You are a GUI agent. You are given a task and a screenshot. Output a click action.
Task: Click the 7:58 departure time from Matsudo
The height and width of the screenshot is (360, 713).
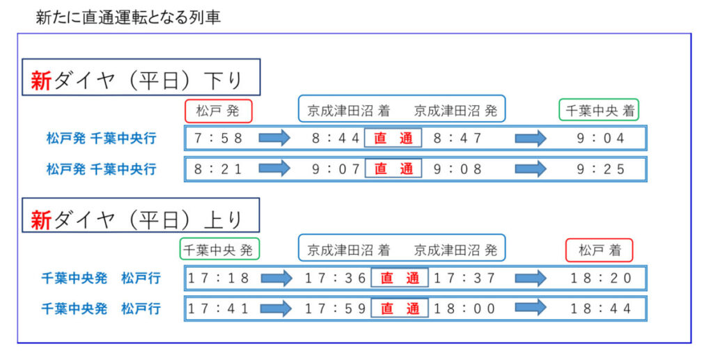click(x=219, y=138)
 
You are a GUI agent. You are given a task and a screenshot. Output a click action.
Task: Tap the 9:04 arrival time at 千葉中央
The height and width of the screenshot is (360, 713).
click(x=601, y=138)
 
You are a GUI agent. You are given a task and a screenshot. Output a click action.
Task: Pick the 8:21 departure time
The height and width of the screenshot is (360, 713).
click(x=219, y=169)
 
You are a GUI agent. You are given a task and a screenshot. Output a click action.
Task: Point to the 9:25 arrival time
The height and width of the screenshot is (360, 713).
click(x=601, y=169)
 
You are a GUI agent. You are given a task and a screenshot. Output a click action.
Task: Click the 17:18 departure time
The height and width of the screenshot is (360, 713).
click(x=219, y=278)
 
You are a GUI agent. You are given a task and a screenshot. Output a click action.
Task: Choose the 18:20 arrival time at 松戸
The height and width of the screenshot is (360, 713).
click(x=601, y=278)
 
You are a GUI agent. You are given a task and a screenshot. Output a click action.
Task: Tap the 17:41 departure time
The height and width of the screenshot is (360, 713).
click(x=219, y=308)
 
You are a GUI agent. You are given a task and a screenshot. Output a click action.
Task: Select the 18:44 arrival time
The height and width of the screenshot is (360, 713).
click(x=601, y=308)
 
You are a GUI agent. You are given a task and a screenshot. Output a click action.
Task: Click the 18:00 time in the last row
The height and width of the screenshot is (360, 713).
click(x=464, y=308)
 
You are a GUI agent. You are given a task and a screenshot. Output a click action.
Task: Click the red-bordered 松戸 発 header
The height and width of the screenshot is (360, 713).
click(x=219, y=110)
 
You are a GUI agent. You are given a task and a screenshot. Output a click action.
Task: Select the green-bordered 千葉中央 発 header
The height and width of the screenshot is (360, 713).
click(x=219, y=249)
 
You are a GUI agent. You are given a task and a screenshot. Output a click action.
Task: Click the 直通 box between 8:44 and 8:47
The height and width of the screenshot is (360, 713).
click(x=393, y=138)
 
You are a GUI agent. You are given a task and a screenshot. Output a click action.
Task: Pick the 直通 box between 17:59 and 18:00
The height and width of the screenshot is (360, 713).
click(x=400, y=308)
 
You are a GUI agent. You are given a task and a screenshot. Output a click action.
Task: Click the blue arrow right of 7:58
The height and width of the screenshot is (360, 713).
click(x=274, y=138)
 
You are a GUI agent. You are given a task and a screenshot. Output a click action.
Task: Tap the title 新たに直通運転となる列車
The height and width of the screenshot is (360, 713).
click(x=128, y=17)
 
